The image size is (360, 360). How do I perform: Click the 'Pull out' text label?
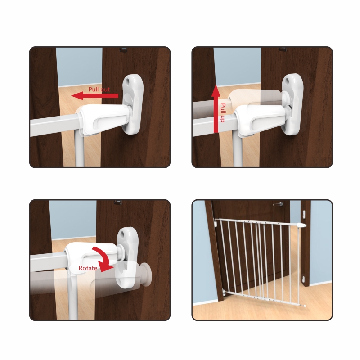pyautogui.click(x=99, y=89)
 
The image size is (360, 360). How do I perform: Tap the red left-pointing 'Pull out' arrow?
pyautogui.click(x=95, y=96)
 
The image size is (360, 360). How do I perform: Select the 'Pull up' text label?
pyautogui.click(x=223, y=113)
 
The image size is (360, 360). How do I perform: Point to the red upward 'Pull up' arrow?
pyautogui.click(x=216, y=109)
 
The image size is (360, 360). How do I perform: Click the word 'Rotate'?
pyautogui.click(x=88, y=268)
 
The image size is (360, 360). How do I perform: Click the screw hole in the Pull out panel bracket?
pyautogui.click(x=128, y=81)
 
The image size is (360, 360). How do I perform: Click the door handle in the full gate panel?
pyautogui.click(x=279, y=204)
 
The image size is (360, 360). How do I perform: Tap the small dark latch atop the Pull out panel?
pyautogui.click(x=124, y=49)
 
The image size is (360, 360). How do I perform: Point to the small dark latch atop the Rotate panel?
pyautogui.click(x=118, y=202)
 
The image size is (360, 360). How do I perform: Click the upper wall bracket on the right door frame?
pyautogui.click(x=304, y=214)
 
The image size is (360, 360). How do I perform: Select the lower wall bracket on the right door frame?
pyautogui.click(x=304, y=279)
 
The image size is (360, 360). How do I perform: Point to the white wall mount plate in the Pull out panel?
pyautogui.click(x=132, y=105)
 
